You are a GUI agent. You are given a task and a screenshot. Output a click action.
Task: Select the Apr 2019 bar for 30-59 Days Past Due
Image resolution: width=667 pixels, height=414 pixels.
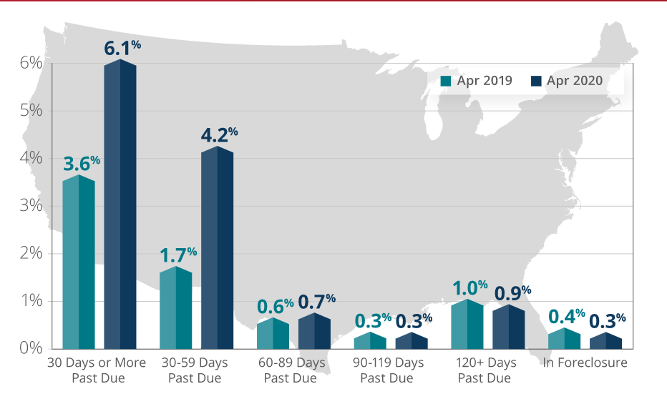[175, 308]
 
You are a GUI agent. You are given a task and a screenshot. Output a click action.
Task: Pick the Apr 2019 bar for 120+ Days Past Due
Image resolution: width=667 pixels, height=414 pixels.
[467, 325]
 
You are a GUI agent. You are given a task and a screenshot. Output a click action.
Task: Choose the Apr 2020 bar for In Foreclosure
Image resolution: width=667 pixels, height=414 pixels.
[605, 341]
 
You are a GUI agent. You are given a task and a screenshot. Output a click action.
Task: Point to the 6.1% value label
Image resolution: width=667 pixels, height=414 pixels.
[122, 49]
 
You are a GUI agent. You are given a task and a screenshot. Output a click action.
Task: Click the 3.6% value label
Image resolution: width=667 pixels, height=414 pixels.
[82, 164]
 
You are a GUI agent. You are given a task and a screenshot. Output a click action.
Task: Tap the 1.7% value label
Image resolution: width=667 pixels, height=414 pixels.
[177, 255]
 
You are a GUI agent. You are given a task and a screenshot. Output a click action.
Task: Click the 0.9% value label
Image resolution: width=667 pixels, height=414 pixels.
[512, 293]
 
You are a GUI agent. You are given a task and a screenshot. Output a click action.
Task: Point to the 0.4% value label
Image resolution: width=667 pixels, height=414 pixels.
[566, 317]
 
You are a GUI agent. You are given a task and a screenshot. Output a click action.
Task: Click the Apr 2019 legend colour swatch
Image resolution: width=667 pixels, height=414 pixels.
[446, 81]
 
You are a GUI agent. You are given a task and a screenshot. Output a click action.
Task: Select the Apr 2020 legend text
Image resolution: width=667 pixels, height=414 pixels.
[574, 81]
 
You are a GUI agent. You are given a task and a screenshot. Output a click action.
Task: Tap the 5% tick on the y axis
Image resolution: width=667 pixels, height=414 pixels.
[31, 111]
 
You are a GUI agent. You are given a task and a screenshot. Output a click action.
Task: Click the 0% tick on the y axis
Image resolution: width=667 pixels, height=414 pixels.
[31, 349]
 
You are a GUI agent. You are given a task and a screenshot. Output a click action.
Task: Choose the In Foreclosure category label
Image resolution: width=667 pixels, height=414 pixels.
[585, 363]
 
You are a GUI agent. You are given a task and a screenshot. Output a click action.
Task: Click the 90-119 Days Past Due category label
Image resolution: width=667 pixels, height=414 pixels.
[387, 370]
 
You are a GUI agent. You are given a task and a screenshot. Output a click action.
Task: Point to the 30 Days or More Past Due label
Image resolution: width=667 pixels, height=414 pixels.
[97, 370]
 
